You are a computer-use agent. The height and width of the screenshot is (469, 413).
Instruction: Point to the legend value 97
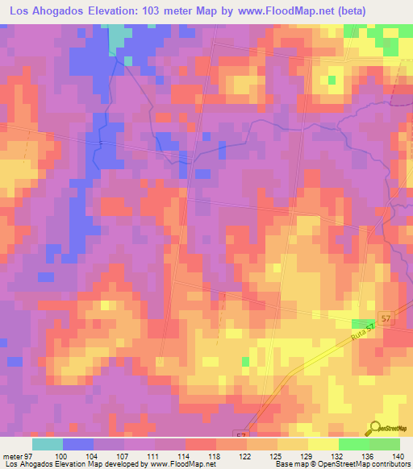tap(27, 454)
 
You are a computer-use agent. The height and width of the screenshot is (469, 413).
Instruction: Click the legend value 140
tap(397, 454)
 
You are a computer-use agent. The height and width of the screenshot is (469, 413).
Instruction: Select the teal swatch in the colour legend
tap(48, 444)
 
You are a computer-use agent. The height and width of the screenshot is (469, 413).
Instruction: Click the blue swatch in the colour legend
tap(78, 444)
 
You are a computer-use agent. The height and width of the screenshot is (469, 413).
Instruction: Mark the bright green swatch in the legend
tap(353, 444)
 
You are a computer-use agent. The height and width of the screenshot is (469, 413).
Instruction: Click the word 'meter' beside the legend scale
tap(11, 454)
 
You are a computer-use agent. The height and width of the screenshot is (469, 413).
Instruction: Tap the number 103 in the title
tap(151, 11)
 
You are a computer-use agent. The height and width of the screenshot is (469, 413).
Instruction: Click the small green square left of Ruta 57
tap(244, 362)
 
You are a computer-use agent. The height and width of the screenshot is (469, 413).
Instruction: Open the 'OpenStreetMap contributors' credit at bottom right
tap(369, 464)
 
